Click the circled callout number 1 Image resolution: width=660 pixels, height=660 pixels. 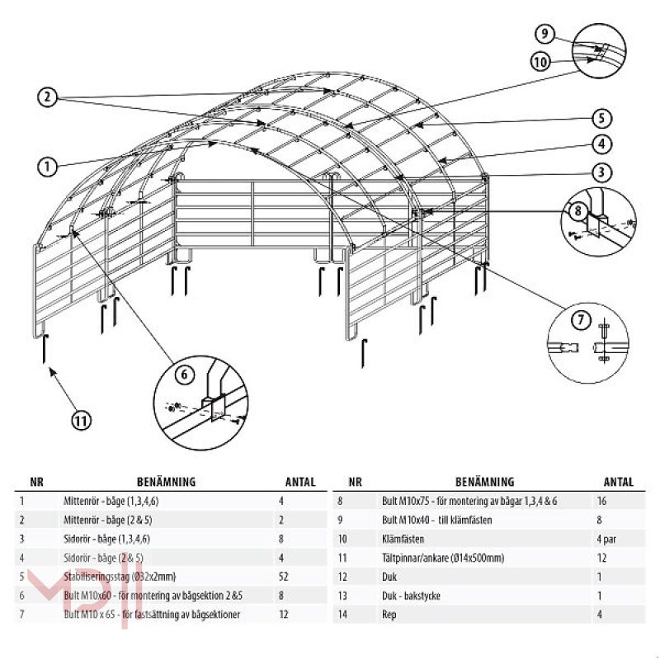pos(47,166)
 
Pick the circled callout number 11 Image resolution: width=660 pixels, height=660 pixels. pos(80,420)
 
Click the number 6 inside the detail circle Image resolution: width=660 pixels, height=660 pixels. pos(186,374)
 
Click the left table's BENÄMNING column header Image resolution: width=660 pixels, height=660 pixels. pos(165,483)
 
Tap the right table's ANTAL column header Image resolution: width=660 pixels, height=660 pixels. pos(618,483)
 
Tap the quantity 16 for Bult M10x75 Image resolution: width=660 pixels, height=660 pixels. pos(601,501)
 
